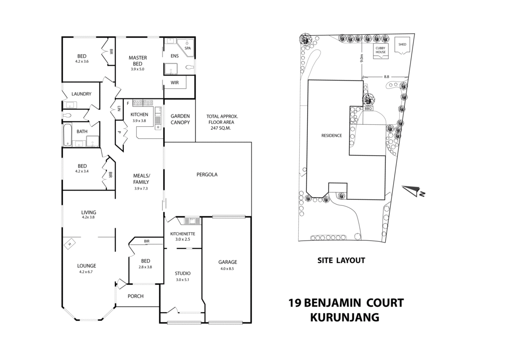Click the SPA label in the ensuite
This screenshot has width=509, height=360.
tap(187, 48)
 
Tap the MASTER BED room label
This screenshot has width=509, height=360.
tap(138, 61)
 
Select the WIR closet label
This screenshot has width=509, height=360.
tap(174, 83)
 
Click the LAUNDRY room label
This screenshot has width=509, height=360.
tap(81, 94)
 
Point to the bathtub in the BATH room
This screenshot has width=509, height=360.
tap(68, 135)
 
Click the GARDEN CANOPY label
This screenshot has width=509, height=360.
tap(180, 119)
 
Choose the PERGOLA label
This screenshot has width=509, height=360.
tap(207, 175)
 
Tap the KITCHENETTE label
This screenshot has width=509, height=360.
tap(183, 234)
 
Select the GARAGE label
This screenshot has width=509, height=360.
tap(228, 262)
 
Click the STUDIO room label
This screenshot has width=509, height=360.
tap(182, 273)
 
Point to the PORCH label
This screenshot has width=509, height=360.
tap(135, 296)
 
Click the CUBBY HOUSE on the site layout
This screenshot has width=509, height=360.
tap(380, 50)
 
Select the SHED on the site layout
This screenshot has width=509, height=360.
tap(402, 45)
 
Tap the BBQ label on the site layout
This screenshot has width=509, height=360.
tap(368, 108)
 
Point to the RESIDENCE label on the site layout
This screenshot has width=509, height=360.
tap(331, 135)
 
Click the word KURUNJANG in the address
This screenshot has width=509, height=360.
tap(344, 317)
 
